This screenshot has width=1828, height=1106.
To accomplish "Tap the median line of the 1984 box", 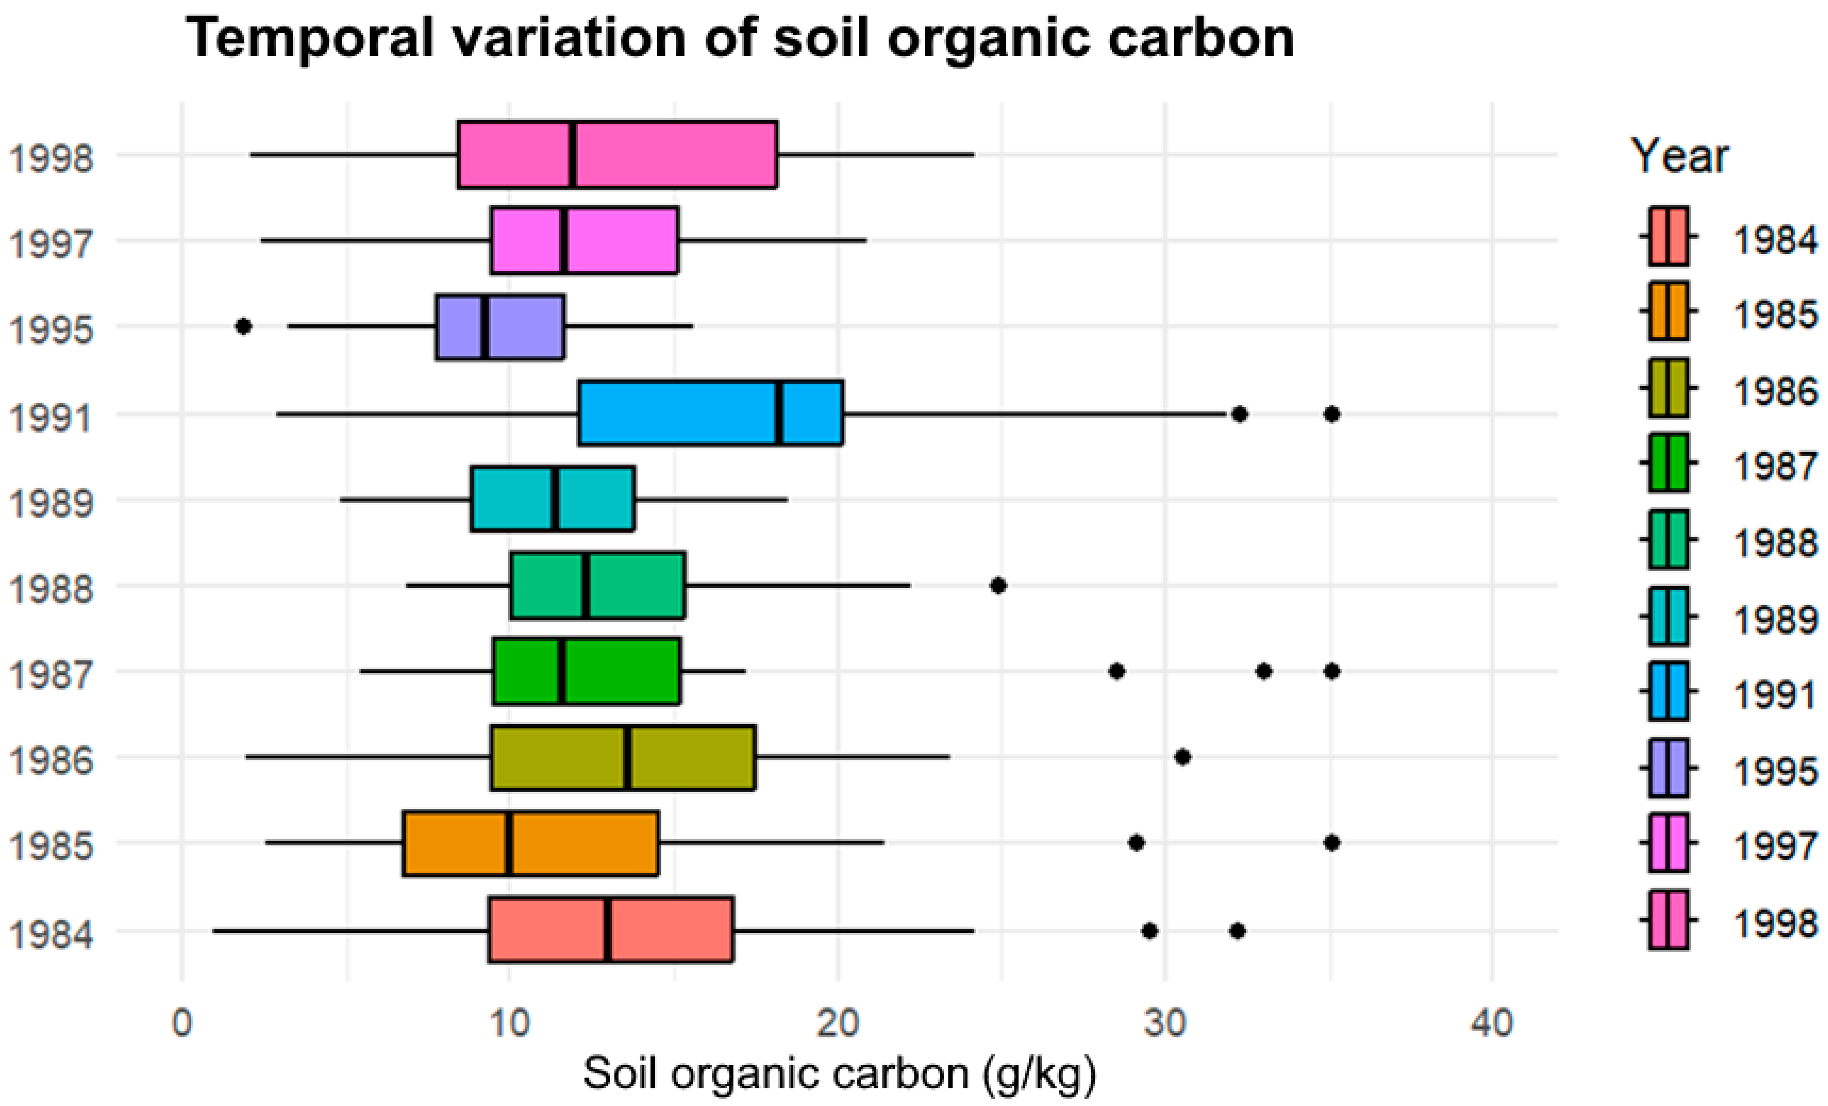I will pos(607,930).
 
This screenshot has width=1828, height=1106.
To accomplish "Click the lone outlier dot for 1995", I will pos(243,326).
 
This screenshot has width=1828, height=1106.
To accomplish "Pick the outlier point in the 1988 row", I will pos(999,585).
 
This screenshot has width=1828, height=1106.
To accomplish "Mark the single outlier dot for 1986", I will pos(1183,757).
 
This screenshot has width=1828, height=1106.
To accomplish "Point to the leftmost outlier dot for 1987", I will pos(1117,671).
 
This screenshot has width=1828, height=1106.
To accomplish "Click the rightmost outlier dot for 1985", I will pos(1332,843).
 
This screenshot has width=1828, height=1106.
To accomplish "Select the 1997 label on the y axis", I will pos(51,243).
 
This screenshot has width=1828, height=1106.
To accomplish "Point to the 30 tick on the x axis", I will pos(1165,1024).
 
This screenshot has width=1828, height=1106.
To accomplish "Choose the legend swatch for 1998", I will pos(1668,920).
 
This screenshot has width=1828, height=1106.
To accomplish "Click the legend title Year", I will pos(1679,157).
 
